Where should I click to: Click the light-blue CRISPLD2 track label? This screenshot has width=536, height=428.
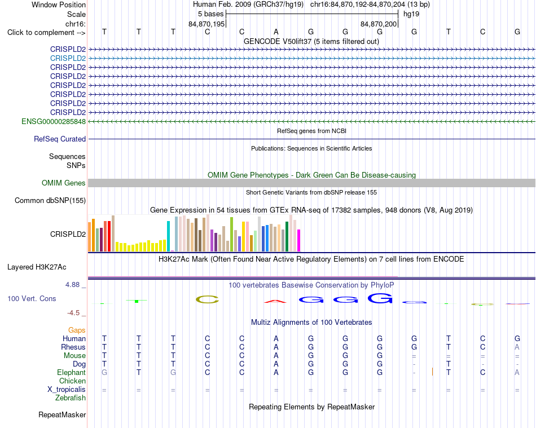tap(68, 59)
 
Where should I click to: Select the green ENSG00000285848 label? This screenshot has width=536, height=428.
tap(54, 122)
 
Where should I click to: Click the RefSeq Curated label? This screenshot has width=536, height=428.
tap(60, 139)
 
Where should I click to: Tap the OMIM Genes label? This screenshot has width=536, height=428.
tap(64, 183)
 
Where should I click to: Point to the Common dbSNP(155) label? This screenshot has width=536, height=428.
tap(50, 201)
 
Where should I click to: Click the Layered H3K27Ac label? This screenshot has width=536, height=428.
tap(37, 267)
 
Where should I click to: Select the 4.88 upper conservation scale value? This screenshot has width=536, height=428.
tap(72, 285)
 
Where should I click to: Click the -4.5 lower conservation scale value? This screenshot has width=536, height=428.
tap(73, 313)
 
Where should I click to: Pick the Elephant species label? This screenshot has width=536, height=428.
tap(72, 373)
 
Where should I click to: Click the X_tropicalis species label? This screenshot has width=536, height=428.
tap(67, 390)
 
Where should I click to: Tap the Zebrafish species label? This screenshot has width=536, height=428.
tap(71, 398)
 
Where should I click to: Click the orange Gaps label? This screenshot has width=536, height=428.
tap(77, 330)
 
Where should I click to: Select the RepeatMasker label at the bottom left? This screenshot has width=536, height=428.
tap(62, 415)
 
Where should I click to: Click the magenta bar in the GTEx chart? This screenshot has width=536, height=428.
tap(299, 240)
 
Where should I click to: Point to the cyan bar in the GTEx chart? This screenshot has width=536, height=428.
tap(169, 236)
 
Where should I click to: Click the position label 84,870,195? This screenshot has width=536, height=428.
tap(207, 24)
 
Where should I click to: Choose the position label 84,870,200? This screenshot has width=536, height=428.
tap(379, 24)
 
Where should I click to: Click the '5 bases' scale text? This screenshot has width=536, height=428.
tap(210, 14)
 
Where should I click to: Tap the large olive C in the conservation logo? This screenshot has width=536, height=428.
tap(207, 299)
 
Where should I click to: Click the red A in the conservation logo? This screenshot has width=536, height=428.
tap(275, 301)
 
